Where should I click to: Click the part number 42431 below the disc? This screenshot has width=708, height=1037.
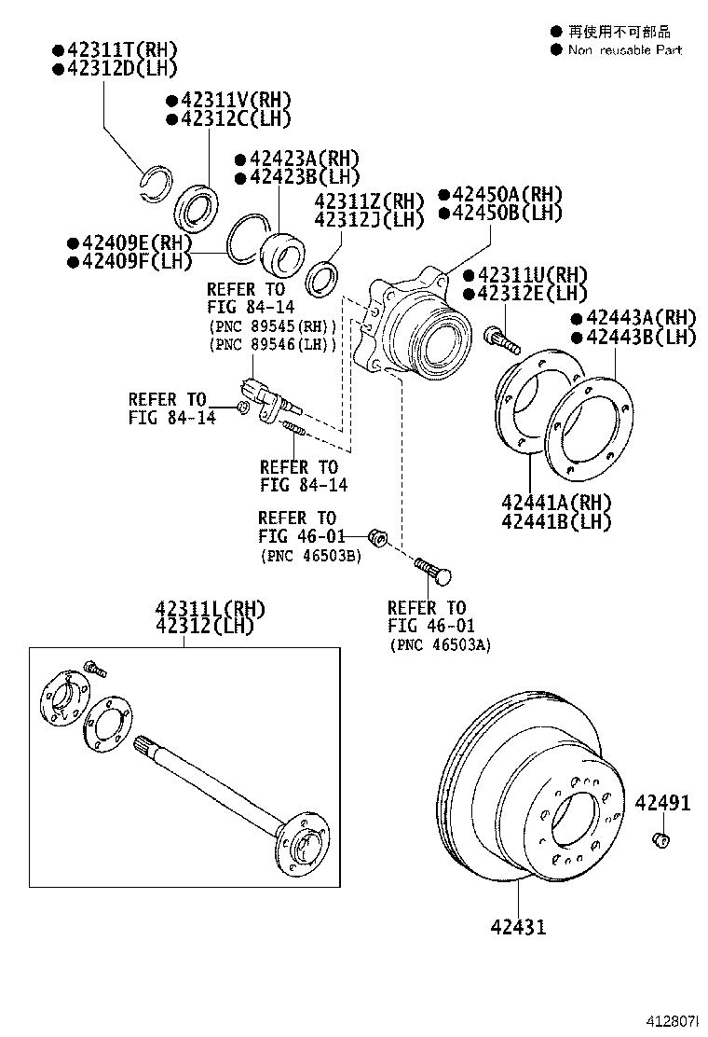pos(519,926)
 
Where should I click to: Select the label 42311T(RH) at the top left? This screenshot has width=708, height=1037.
pos(115,49)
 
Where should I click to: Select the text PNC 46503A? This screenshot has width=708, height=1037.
pos(440,644)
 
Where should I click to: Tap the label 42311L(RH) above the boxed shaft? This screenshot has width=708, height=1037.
pos(210,608)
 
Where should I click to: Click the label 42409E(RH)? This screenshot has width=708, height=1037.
pos(129,243)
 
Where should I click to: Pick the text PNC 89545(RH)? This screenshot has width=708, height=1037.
pos(271,325)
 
